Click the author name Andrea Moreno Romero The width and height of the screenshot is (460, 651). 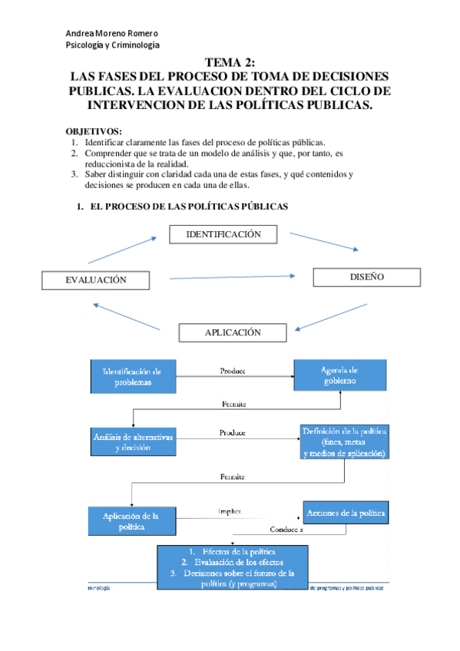pyautogui.click(x=112, y=33)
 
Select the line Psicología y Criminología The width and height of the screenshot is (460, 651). pyautogui.click(x=113, y=45)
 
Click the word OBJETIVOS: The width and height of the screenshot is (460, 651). pyautogui.click(x=93, y=131)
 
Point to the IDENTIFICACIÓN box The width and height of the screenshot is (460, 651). pyautogui.click(x=223, y=234)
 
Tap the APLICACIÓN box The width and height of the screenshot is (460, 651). pyautogui.click(x=233, y=332)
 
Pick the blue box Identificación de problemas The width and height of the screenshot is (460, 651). pyautogui.click(x=133, y=376)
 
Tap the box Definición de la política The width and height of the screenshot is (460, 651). pyautogui.click(x=344, y=442)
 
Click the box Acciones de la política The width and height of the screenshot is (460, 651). pyautogui.click(x=346, y=512)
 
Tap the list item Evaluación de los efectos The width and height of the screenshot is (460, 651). pyautogui.click(x=233, y=562)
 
